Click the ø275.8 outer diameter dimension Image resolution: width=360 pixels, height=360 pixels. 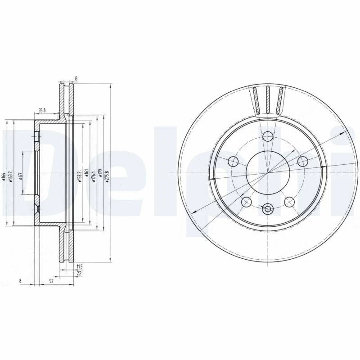coord(107,174)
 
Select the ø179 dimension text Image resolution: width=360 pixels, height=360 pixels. coord(100,174)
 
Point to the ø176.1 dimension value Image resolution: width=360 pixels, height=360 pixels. coord(93,174)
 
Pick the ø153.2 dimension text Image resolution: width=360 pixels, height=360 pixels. coord(79,174)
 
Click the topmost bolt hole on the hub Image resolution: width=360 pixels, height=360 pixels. coord(268,136)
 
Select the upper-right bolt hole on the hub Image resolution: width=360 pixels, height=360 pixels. coord(302,161)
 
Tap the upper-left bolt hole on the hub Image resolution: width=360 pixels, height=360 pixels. coord(234,161)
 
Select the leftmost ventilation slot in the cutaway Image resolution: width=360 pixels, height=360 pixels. coord(255,100)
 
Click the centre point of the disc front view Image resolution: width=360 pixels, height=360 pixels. coord(268,173)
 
